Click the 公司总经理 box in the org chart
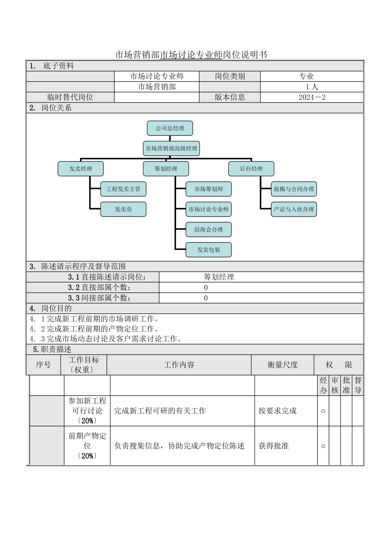170,129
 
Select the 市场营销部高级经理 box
171,149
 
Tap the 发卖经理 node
81,169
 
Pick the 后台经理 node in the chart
251,169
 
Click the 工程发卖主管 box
123,189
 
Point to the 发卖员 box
123,209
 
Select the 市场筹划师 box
209,189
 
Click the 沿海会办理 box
209,230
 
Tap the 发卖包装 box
209,250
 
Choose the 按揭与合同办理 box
294,189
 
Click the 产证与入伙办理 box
294,209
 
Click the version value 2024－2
312,97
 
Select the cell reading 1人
312,87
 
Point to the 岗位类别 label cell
230,76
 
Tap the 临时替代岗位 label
70,97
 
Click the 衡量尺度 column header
283,365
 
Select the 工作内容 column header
179,365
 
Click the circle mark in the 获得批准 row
323,446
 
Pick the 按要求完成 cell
277,411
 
